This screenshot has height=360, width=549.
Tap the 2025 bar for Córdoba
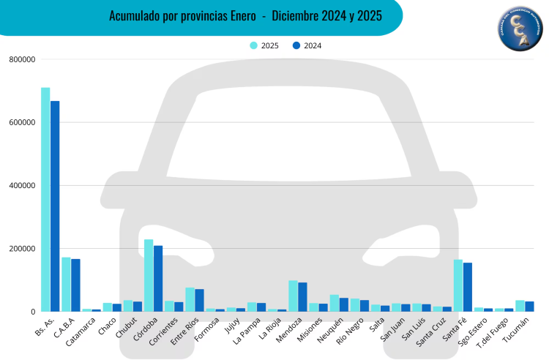pyautogui.click(x=149, y=275)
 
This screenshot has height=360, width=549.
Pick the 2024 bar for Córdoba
pyautogui.click(x=158, y=278)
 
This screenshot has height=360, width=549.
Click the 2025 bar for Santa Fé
pyautogui.click(x=458, y=285)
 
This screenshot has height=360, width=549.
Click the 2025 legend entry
pyautogui.click(x=264, y=45)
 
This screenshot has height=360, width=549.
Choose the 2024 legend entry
pyautogui.click(x=307, y=45)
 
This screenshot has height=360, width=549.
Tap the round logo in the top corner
pyautogui.click(x=520, y=29)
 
